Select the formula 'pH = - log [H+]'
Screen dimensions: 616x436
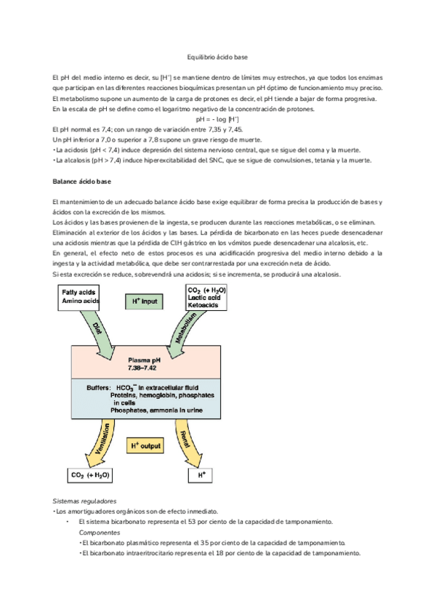click(x=218, y=118)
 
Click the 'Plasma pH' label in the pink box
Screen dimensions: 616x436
click(x=144, y=359)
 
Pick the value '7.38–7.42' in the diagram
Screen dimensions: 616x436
click(x=144, y=368)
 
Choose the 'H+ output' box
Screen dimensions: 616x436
click(x=144, y=445)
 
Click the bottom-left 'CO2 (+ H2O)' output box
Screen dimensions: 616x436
click(x=84, y=476)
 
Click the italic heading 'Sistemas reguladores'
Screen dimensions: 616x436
click(x=85, y=501)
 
